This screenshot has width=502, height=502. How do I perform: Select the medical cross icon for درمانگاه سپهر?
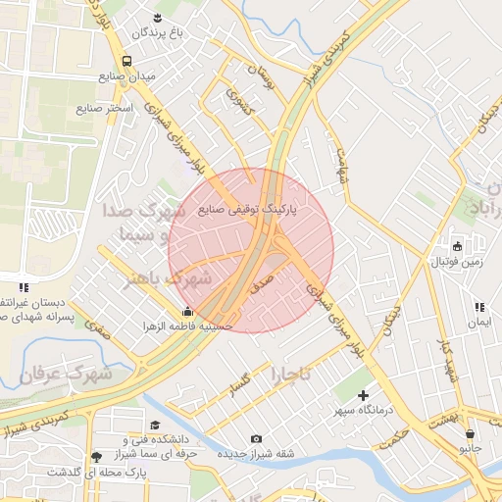363,394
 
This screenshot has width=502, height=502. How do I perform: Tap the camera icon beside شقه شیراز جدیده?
257,438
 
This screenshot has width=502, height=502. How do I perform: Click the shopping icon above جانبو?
471,433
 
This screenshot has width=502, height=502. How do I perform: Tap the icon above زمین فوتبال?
457,245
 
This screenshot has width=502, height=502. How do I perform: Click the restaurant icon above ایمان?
478,307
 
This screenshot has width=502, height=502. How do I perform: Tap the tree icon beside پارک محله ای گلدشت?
95,457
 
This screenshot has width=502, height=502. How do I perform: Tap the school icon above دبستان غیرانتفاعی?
23,286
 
